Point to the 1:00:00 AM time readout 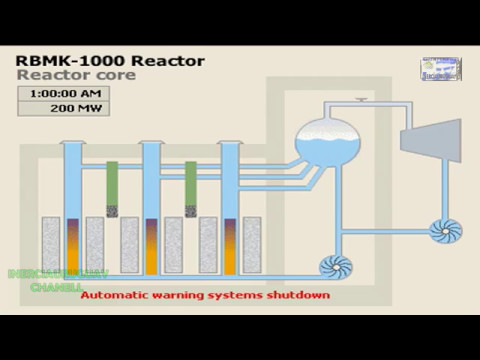63,93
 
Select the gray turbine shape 431,132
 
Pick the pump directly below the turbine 444,231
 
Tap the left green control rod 112,187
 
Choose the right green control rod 190,187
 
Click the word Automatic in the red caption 112,296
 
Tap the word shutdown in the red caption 298,296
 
